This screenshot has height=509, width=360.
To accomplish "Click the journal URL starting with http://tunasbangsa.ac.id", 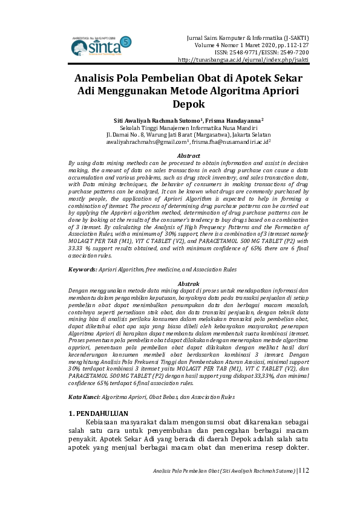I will coord(243,60).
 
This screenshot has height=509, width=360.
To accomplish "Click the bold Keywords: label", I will coord(82,269).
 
